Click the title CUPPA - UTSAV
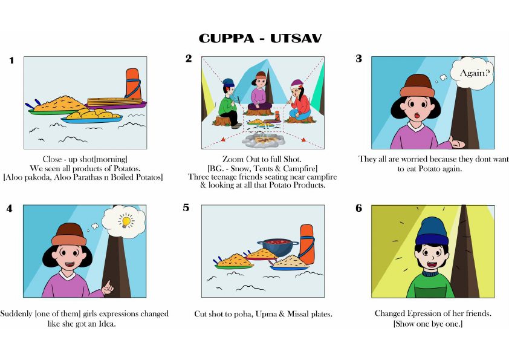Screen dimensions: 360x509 pos(261,39)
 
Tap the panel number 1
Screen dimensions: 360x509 pos(11,61)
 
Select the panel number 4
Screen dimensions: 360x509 pos(9,208)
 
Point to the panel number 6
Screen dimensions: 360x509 pos(358,208)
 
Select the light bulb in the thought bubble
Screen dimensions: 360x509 pos(126,221)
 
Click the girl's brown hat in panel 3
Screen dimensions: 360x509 pos(417,85)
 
